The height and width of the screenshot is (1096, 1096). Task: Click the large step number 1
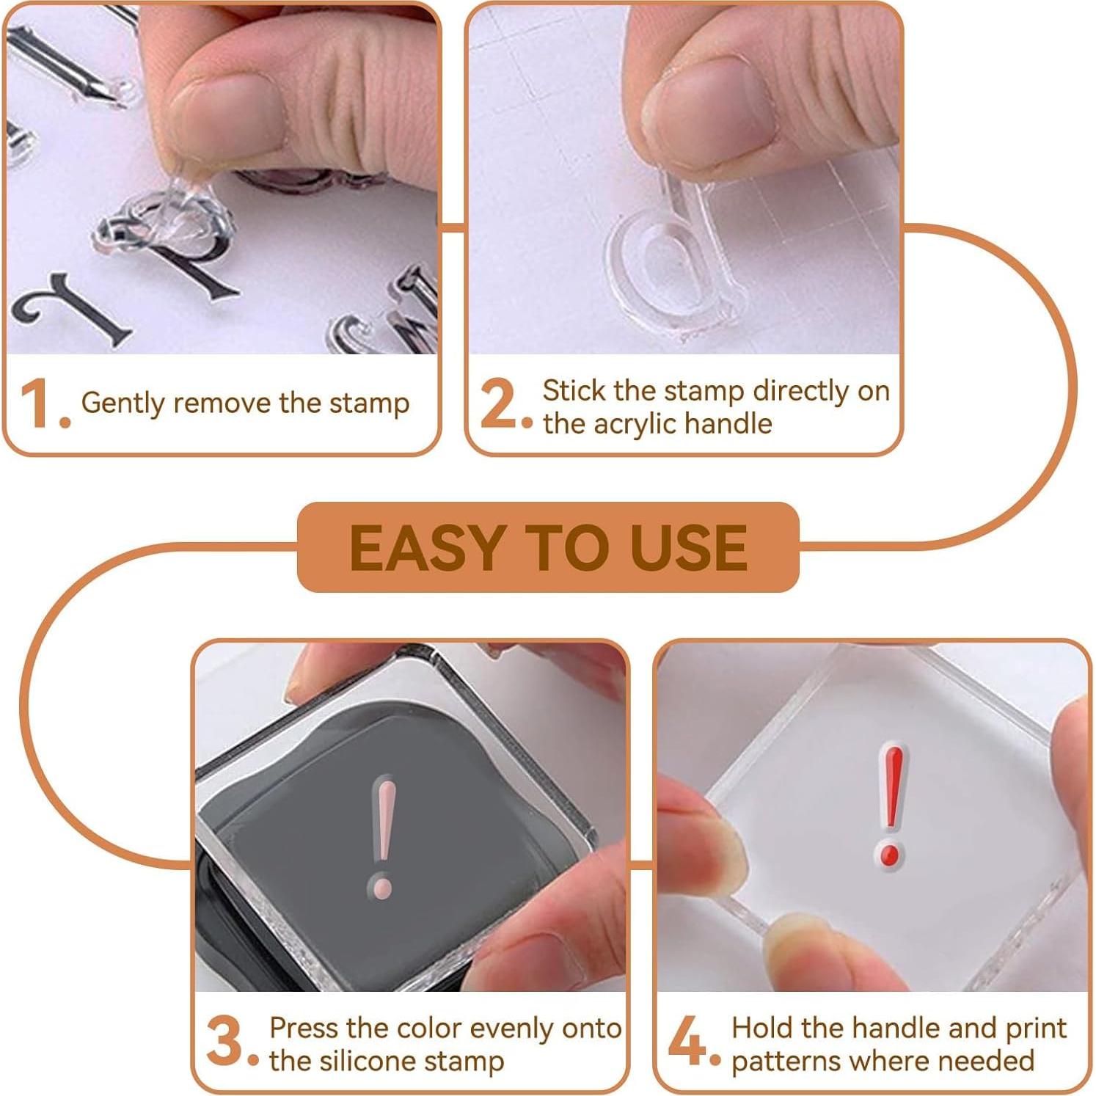pyautogui.click(x=35, y=403)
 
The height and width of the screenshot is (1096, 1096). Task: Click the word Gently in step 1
pyautogui.click(x=123, y=403)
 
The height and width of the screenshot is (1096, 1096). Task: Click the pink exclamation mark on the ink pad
pyautogui.click(x=382, y=836)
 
